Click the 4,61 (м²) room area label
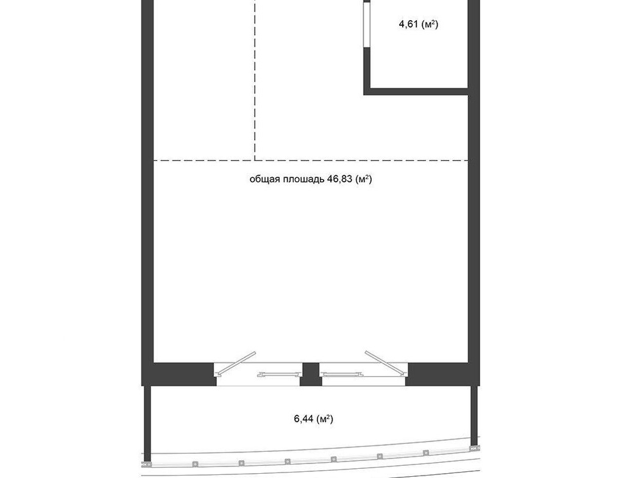pos(418,24)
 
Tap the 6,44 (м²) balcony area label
pos(313,419)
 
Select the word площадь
pos(303,180)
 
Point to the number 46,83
pos(339,179)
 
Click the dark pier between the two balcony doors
pos(310,374)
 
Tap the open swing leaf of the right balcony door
pos(386,363)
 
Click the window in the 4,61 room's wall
pos(367,24)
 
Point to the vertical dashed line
pos(255,80)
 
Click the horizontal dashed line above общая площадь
pos(311,161)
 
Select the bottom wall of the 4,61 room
pos(416,91)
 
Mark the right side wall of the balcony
pos(473,416)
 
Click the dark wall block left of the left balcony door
pos(179,374)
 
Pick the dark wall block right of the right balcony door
pos(442,374)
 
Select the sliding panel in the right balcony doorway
pos(342,373)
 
